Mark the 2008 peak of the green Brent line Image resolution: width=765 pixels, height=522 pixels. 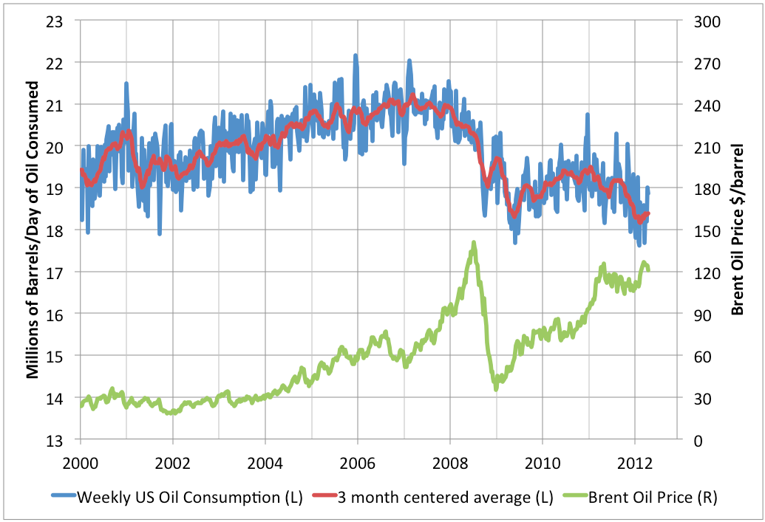473,242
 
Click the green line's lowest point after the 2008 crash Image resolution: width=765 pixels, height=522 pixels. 496,388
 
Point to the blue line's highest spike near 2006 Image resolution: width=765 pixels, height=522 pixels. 356,55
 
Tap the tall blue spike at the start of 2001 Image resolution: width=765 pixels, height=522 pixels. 126,83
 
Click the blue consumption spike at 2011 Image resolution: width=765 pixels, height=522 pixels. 588,114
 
